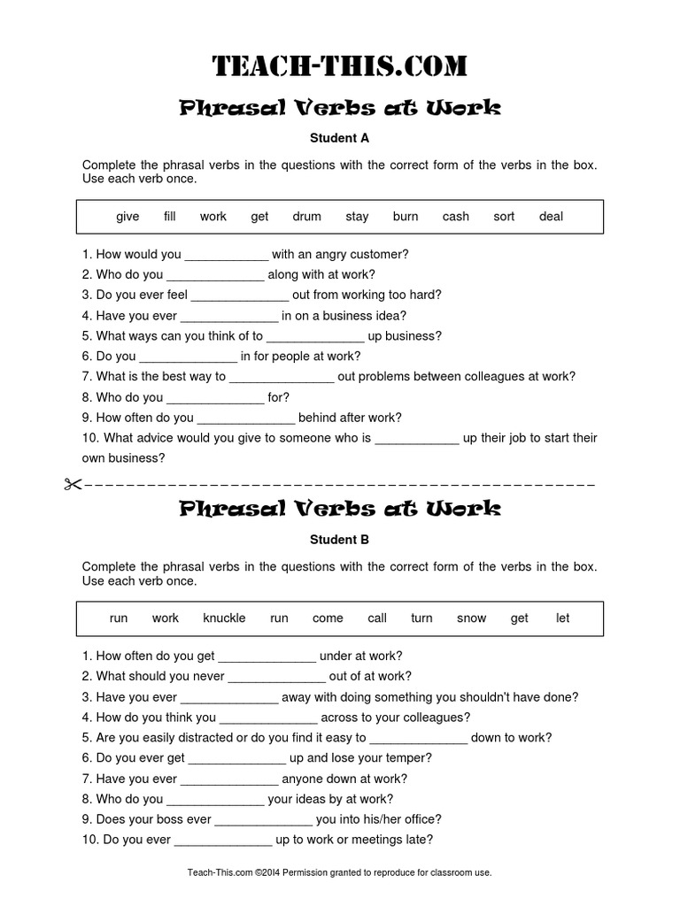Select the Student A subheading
click(339, 138)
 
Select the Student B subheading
click(339, 540)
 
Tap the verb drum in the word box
click(306, 217)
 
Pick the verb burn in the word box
click(406, 217)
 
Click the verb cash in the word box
click(456, 217)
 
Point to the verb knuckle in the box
click(224, 618)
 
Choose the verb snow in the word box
click(471, 618)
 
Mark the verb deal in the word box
click(551, 217)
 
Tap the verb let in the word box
click(563, 618)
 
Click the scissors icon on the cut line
click(73, 484)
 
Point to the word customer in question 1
click(380, 255)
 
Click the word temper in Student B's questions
click(411, 758)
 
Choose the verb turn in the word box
click(421, 618)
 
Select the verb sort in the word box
click(504, 217)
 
